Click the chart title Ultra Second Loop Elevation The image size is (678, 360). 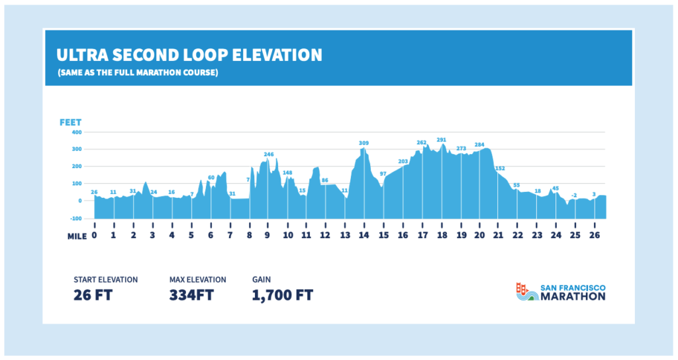click(189, 54)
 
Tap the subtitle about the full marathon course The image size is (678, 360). click(138, 72)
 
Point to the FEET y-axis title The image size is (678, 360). click(70, 122)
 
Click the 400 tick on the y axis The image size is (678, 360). click(77, 132)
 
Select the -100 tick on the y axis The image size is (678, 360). click(76, 218)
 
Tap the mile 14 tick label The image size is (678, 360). click(363, 235)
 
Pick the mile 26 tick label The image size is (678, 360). click(595, 235)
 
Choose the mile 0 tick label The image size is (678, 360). click(95, 235)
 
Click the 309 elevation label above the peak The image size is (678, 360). click(363, 143)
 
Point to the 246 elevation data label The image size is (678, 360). click(269, 154)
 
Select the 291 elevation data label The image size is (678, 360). click(442, 140)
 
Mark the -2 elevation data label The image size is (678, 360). click(575, 195)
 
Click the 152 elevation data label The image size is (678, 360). click(500, 168)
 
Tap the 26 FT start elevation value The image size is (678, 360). click(93, 294)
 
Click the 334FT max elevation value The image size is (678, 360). click(191, 294)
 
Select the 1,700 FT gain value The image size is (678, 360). click(282, 294)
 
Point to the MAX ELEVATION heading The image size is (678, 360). click(197, 279)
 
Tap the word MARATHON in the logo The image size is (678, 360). click(573, 297)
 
